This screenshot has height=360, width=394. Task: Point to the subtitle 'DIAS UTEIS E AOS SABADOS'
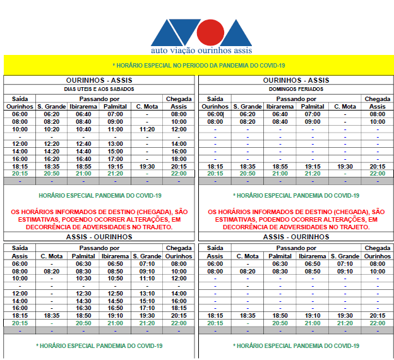click(x=100, y=89)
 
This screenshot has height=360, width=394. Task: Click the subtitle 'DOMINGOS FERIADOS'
click(x=296, y=89)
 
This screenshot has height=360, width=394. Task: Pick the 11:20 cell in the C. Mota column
click(x=146, y=129)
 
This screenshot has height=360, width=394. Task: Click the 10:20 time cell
click(x=52, y=129)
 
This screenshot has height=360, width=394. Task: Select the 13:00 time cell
click(x=115, y=144)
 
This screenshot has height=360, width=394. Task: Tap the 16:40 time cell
click(x=83, y=159)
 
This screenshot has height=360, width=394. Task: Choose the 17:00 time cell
click(x=115, y=159)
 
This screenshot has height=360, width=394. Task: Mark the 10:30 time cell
click(x=83, y=279)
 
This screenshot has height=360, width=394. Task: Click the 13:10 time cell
click(x=146, y=294)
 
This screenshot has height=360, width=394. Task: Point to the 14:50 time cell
click(x=115, y=301)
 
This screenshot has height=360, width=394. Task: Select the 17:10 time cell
click(x=146, y=308)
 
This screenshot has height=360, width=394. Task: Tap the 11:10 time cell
click(x=146, y=279)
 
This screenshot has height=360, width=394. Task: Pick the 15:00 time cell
click(x=115, y=152)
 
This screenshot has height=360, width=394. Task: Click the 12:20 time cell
click(x=52, y=144)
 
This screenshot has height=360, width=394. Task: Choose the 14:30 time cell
click(x=83, y=301)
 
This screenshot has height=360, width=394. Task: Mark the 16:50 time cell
click(x=115, y=308)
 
